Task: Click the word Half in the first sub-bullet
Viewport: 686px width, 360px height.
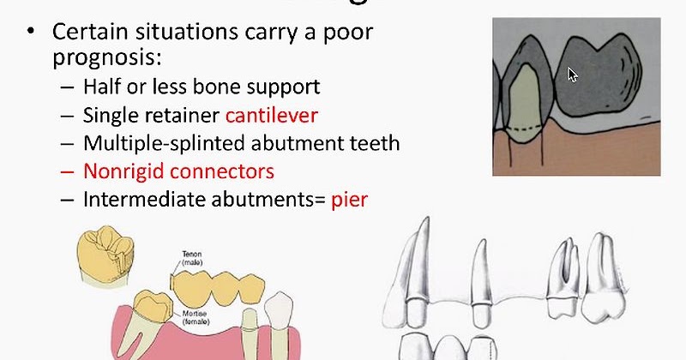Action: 103,87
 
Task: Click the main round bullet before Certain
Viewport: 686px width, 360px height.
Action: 32,33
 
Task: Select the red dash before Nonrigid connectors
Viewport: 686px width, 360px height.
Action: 68,171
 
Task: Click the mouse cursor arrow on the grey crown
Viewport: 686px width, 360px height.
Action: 573,75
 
